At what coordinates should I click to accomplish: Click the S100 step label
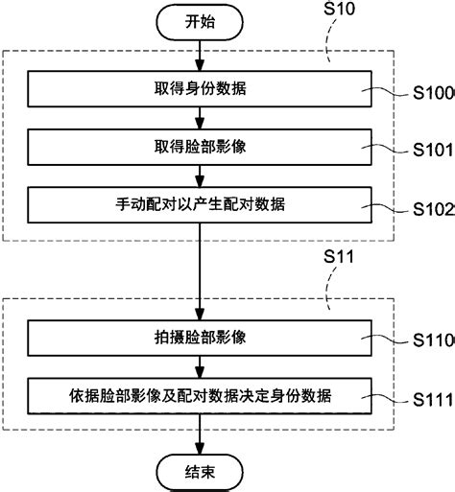pos(432,95)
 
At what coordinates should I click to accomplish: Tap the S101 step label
pos(432,152)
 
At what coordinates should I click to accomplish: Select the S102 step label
pos(432,208)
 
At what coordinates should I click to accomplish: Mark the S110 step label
pos(432,340)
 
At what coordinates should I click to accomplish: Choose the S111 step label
pos(432,398)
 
